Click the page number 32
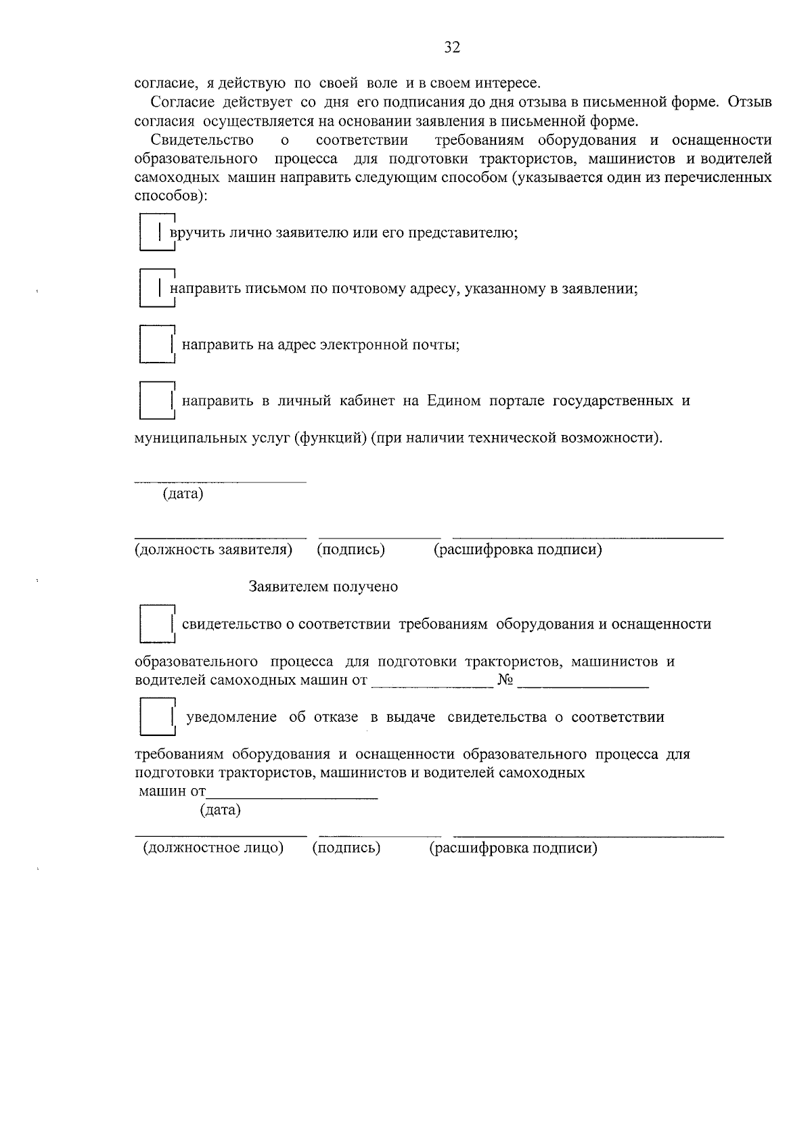(x=452, y=47)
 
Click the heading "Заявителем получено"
(x=323, y=587)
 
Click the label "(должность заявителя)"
(x=213, y=549)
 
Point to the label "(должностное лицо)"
(x=212, y=848)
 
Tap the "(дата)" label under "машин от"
(x=220, y=810)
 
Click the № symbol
(x=505, y=680)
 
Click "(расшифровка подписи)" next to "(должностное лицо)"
(x=513, y=848)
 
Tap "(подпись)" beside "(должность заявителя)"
(x=351, y=549)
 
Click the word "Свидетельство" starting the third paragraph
(x=202, y=140)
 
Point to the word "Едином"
(x=453, y=400)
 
